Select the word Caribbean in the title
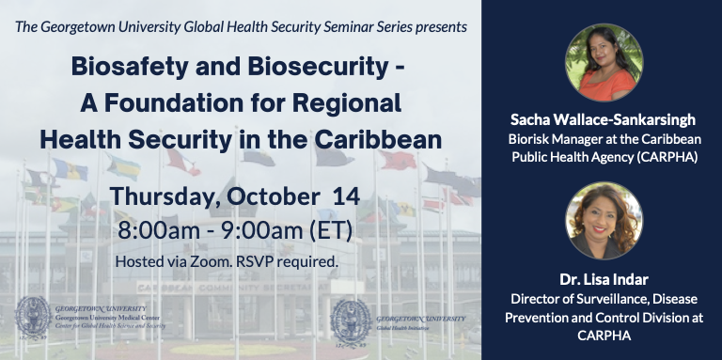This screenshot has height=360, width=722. (x=381, y=138)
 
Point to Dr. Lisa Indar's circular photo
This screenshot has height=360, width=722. (x=604, y=220)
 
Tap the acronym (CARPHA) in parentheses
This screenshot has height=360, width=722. (x=666, y=156)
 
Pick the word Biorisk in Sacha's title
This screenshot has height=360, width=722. (x=530, y=138)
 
